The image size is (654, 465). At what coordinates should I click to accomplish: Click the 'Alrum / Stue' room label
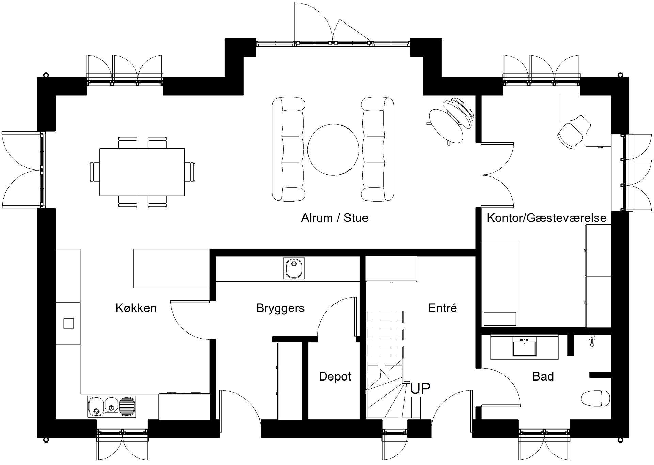[334, 218]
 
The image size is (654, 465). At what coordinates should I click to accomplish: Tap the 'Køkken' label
[136, 308]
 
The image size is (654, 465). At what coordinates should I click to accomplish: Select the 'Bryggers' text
[280, 308]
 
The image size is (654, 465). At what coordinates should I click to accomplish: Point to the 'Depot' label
[335, 377]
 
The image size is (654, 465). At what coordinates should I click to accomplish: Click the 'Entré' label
[442, 308]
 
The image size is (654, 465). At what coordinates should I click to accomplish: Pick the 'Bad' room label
[543, 377]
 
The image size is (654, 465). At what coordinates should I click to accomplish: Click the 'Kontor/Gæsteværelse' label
[546, 218]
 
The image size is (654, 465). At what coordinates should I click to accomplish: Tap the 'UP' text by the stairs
[420, 389]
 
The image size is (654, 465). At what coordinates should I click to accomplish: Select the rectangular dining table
[142, 172]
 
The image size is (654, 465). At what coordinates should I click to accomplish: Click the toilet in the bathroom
[595, 398]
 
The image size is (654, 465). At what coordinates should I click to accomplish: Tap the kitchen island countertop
[171, 268]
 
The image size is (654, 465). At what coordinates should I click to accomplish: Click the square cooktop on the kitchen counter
[68, 323]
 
